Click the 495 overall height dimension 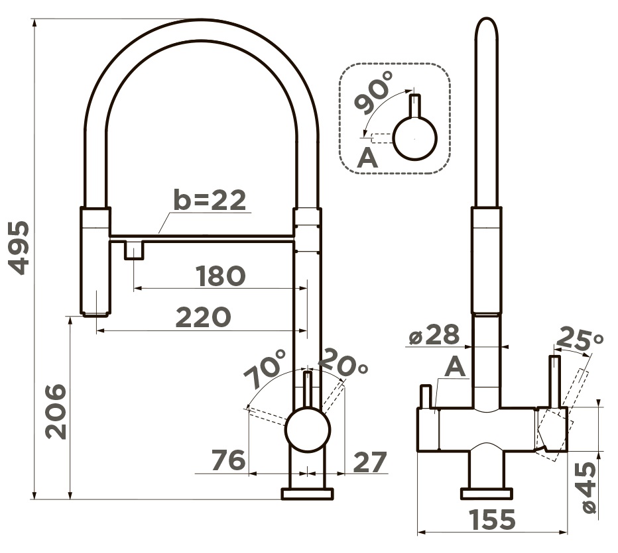(x=19, y=248)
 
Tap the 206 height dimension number (x=56, y=412)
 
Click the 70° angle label (x=265, y=368)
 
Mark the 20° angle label (x=342, y=362)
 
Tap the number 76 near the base (x=229, y=460)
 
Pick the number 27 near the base (x=370, y=462)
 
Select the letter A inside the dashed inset (x=367, y=159)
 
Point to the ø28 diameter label (x=434, y=335)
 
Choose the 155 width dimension (x=492, y=519)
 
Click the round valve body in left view (x=308, y=429)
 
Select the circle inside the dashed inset (x=415, y=138)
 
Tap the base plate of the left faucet (x=308, y=494)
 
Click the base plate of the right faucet (x=486, y=494)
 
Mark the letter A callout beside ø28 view (x=456, y=368)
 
